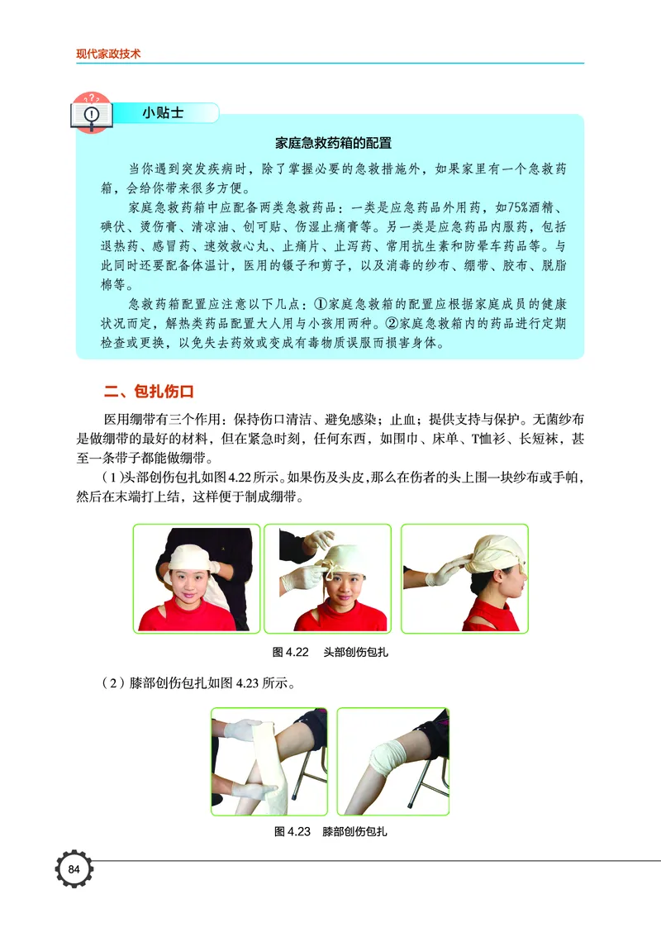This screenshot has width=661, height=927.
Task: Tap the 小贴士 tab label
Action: tap(162, 113)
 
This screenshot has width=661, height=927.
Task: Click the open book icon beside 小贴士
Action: tap(93, 112)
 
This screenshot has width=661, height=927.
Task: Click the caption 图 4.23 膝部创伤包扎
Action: tap(330, 831)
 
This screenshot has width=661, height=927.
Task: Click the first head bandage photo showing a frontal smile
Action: tap(197, 578)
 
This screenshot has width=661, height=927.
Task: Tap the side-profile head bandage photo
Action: tap(464, 578)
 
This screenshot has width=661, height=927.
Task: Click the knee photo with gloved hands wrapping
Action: tap(269, 761)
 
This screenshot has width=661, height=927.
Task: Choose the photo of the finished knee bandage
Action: tap(392, 761)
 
